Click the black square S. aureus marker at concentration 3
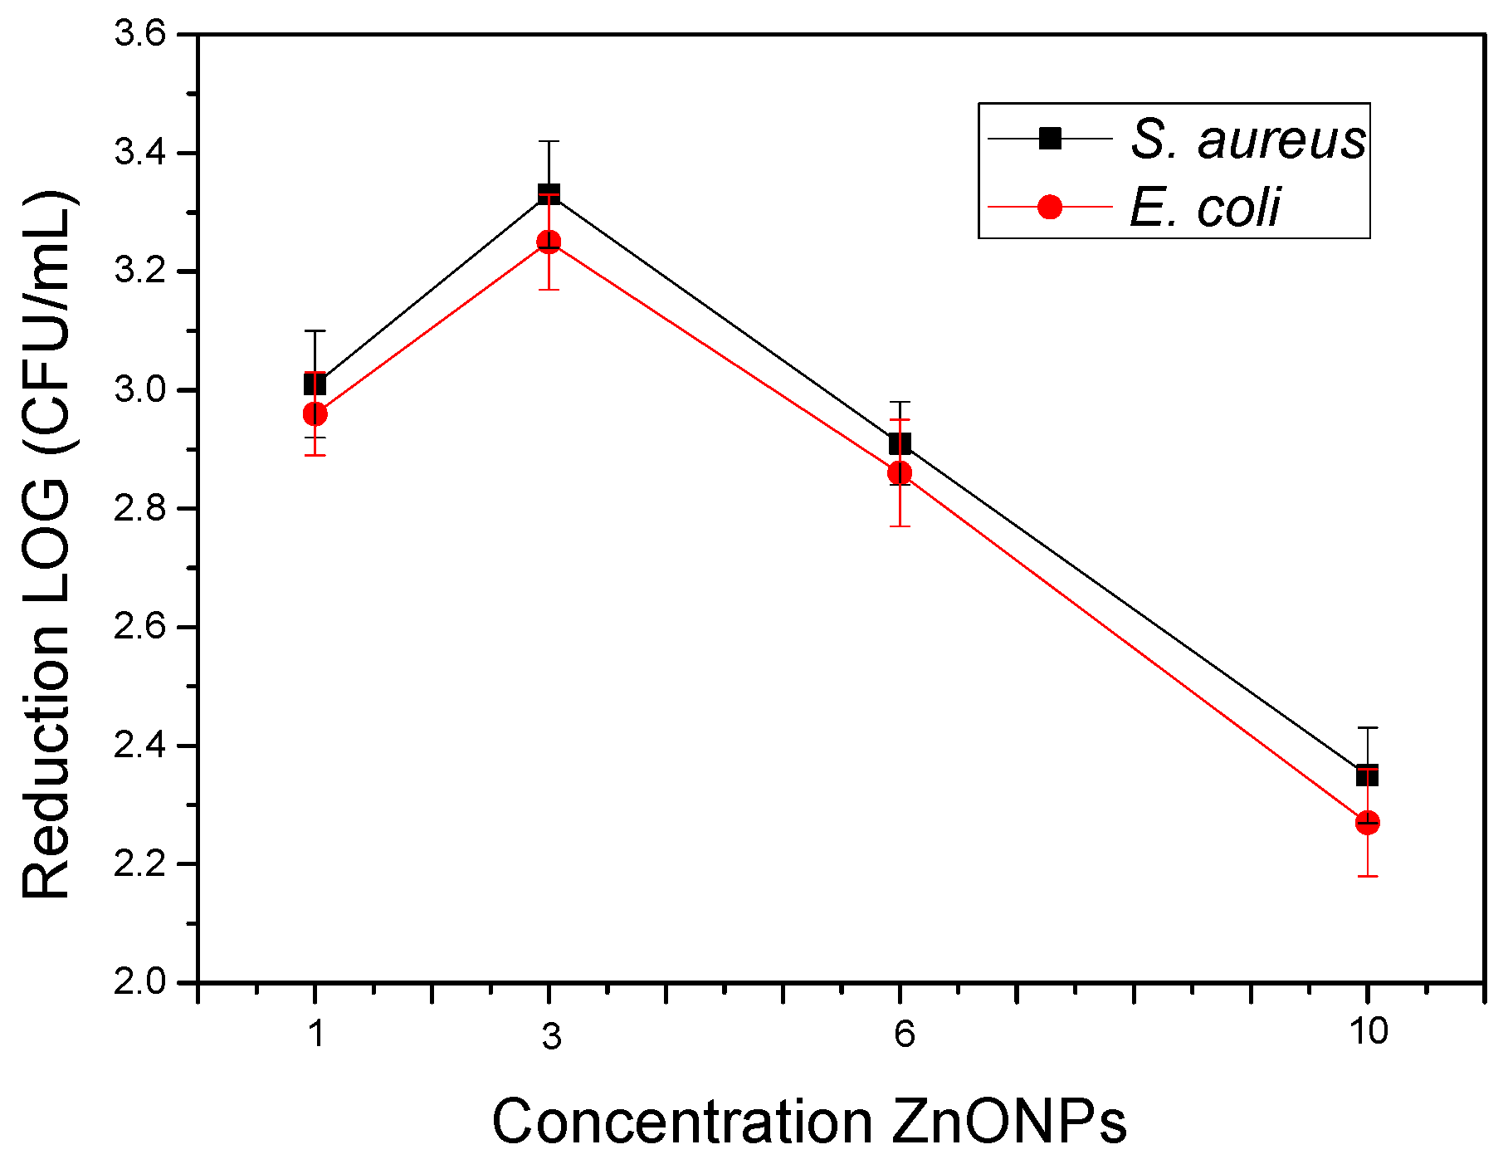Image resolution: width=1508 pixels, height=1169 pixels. [549, 194]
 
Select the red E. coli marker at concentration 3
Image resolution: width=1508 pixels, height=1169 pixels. [549, 242]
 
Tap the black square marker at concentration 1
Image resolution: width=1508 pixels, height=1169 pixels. [315, 384]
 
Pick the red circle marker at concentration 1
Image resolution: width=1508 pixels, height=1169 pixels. [315, 413]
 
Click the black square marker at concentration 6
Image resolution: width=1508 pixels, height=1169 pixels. [900, 443]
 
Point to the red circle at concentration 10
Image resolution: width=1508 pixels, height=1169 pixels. [1367, 823]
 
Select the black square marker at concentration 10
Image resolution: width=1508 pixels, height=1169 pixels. [1367, 775]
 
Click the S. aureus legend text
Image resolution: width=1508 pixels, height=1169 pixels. [1247, 139]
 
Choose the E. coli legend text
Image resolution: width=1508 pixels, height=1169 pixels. [1204, 207]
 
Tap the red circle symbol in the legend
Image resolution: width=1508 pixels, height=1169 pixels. [1050, 207]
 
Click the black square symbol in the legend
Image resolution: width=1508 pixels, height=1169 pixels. [1050, 138]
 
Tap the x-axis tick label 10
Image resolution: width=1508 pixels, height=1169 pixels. [1368, 1032]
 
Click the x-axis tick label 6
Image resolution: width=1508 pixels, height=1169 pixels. [903, 1034]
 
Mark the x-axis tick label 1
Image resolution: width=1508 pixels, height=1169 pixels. [315, 1034]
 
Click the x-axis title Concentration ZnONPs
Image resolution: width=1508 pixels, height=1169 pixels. [809, 1122]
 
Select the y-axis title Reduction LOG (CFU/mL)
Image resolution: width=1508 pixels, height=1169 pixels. [47, 544]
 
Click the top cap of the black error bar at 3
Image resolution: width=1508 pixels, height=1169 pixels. [549, 141]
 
